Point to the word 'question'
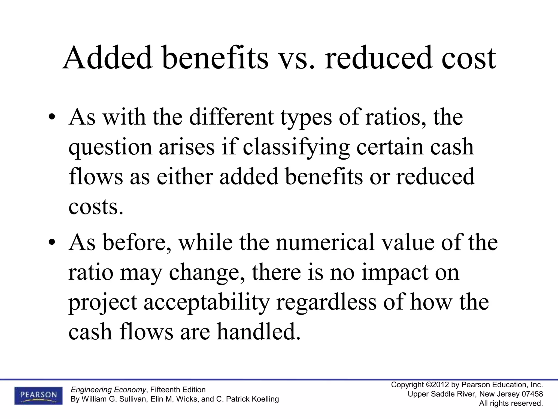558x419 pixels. (x=110, y=147)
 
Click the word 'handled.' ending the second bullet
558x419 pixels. (x=259, y=332)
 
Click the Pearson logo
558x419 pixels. (x=38, y=395)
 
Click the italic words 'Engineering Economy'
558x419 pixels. (x=108, y=390)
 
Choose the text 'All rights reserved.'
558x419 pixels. (x=511, y=403)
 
